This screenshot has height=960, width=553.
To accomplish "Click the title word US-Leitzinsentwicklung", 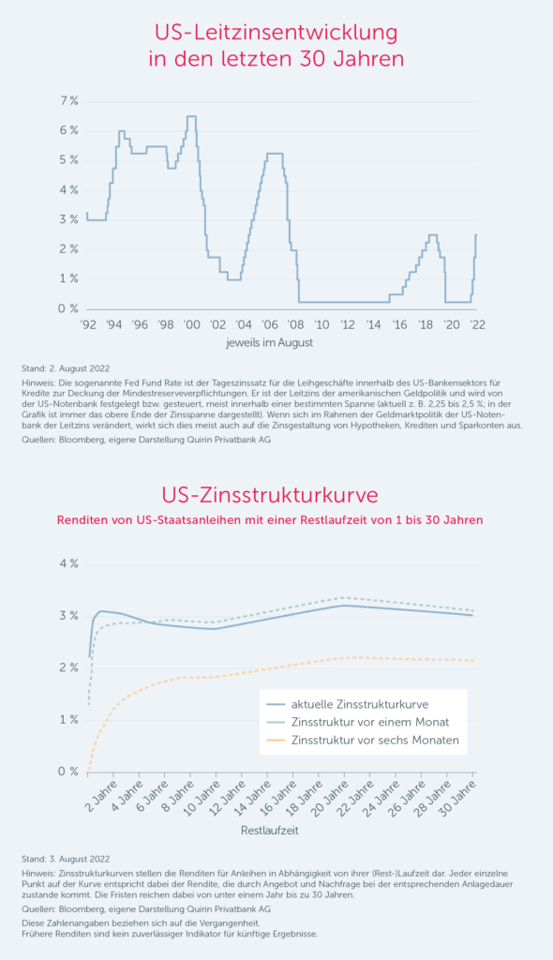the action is coord(276,33).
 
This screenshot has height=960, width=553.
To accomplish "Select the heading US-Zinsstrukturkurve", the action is coord(269,495).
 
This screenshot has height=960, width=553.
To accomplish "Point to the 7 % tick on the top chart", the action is coord(69,101).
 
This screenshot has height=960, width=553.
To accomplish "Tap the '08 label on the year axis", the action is coord(296,324).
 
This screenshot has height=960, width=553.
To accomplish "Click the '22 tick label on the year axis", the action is coord(478,324).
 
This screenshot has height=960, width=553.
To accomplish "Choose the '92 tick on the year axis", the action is coord(88,324).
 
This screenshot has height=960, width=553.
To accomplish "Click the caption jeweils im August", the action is coord(269,343).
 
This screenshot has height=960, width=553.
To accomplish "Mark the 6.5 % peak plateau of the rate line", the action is coord(191,116).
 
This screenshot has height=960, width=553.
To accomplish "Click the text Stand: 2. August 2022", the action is coord(66,368).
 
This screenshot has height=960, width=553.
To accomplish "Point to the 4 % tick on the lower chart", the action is coord(69,563).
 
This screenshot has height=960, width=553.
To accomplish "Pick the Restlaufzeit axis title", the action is coord(269,831).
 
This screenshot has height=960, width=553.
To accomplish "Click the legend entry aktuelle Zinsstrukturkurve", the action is coord(360,705).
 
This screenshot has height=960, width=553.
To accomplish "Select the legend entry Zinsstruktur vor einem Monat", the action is coord(370,723).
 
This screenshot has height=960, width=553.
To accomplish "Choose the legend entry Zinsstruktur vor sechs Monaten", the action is coord(375,741).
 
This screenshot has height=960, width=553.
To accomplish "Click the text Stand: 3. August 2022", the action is coord(66,860).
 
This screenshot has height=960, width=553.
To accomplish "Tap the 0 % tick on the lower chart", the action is coord(69,772).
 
